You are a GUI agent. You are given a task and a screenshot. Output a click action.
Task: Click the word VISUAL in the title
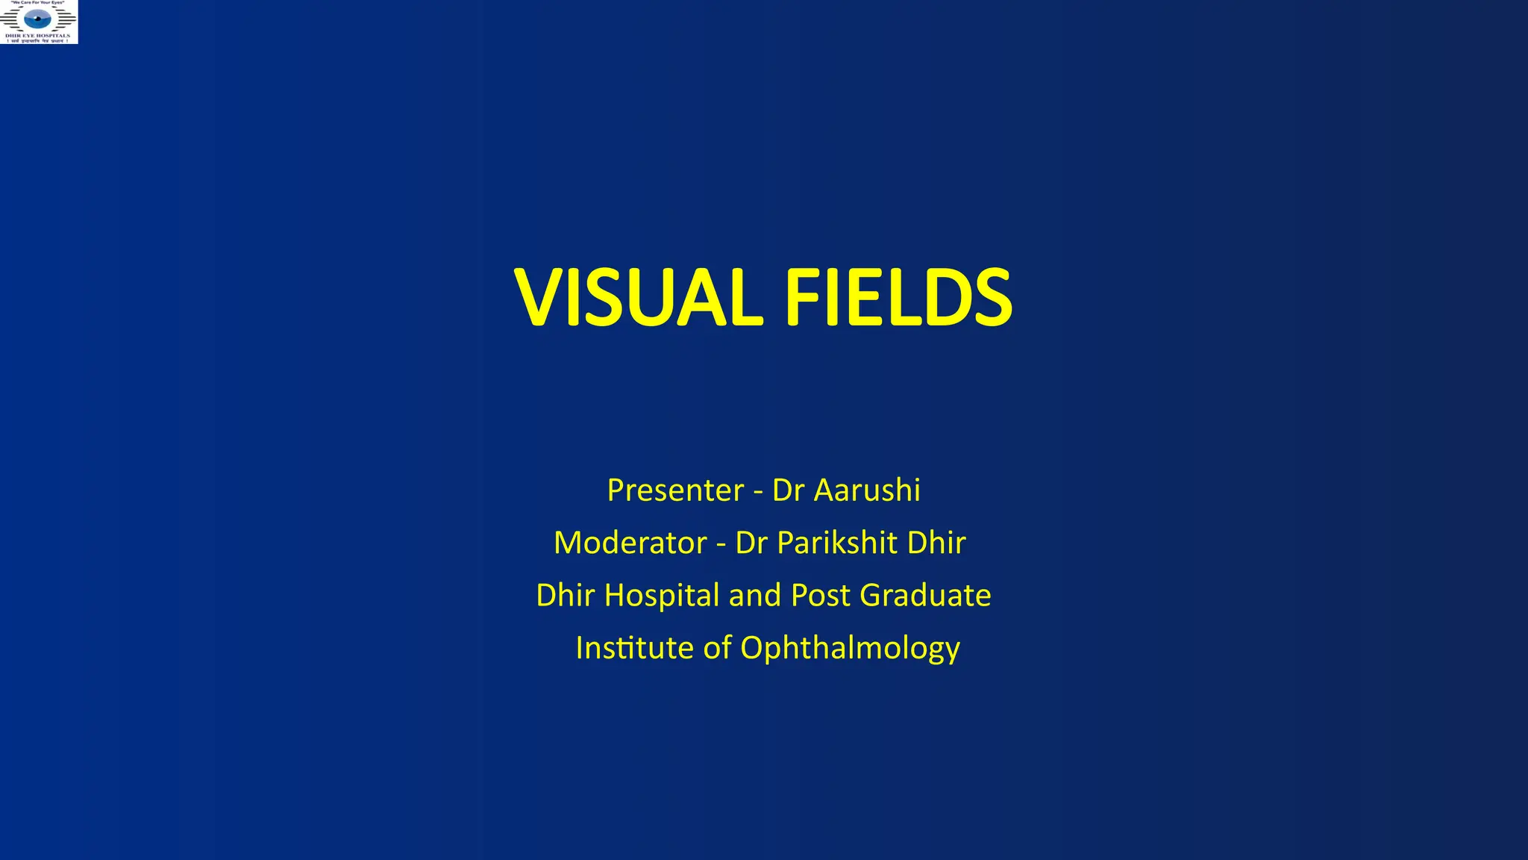(x=639, y=298)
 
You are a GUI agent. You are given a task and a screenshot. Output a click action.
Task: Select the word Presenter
(x=675, y=490)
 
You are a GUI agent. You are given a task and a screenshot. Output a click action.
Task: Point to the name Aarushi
(x=867, y=490)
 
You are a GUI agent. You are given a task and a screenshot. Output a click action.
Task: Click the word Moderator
(x=630, y=543)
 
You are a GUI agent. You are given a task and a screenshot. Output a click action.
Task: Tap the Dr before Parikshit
(x=751, y=543)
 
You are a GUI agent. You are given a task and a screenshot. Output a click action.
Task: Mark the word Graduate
(x=925, y=595)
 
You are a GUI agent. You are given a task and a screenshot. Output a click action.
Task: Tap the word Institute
(x=634, y=647)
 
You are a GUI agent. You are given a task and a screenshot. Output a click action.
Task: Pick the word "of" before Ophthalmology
(x=717, y=647)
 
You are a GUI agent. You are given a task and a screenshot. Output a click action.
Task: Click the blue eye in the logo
(x=38, y=19)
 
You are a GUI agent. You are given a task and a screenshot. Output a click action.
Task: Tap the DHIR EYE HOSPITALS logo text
(x=38, y=35)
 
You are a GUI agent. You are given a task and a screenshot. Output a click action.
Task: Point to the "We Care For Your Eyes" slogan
(x=38, y=3)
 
